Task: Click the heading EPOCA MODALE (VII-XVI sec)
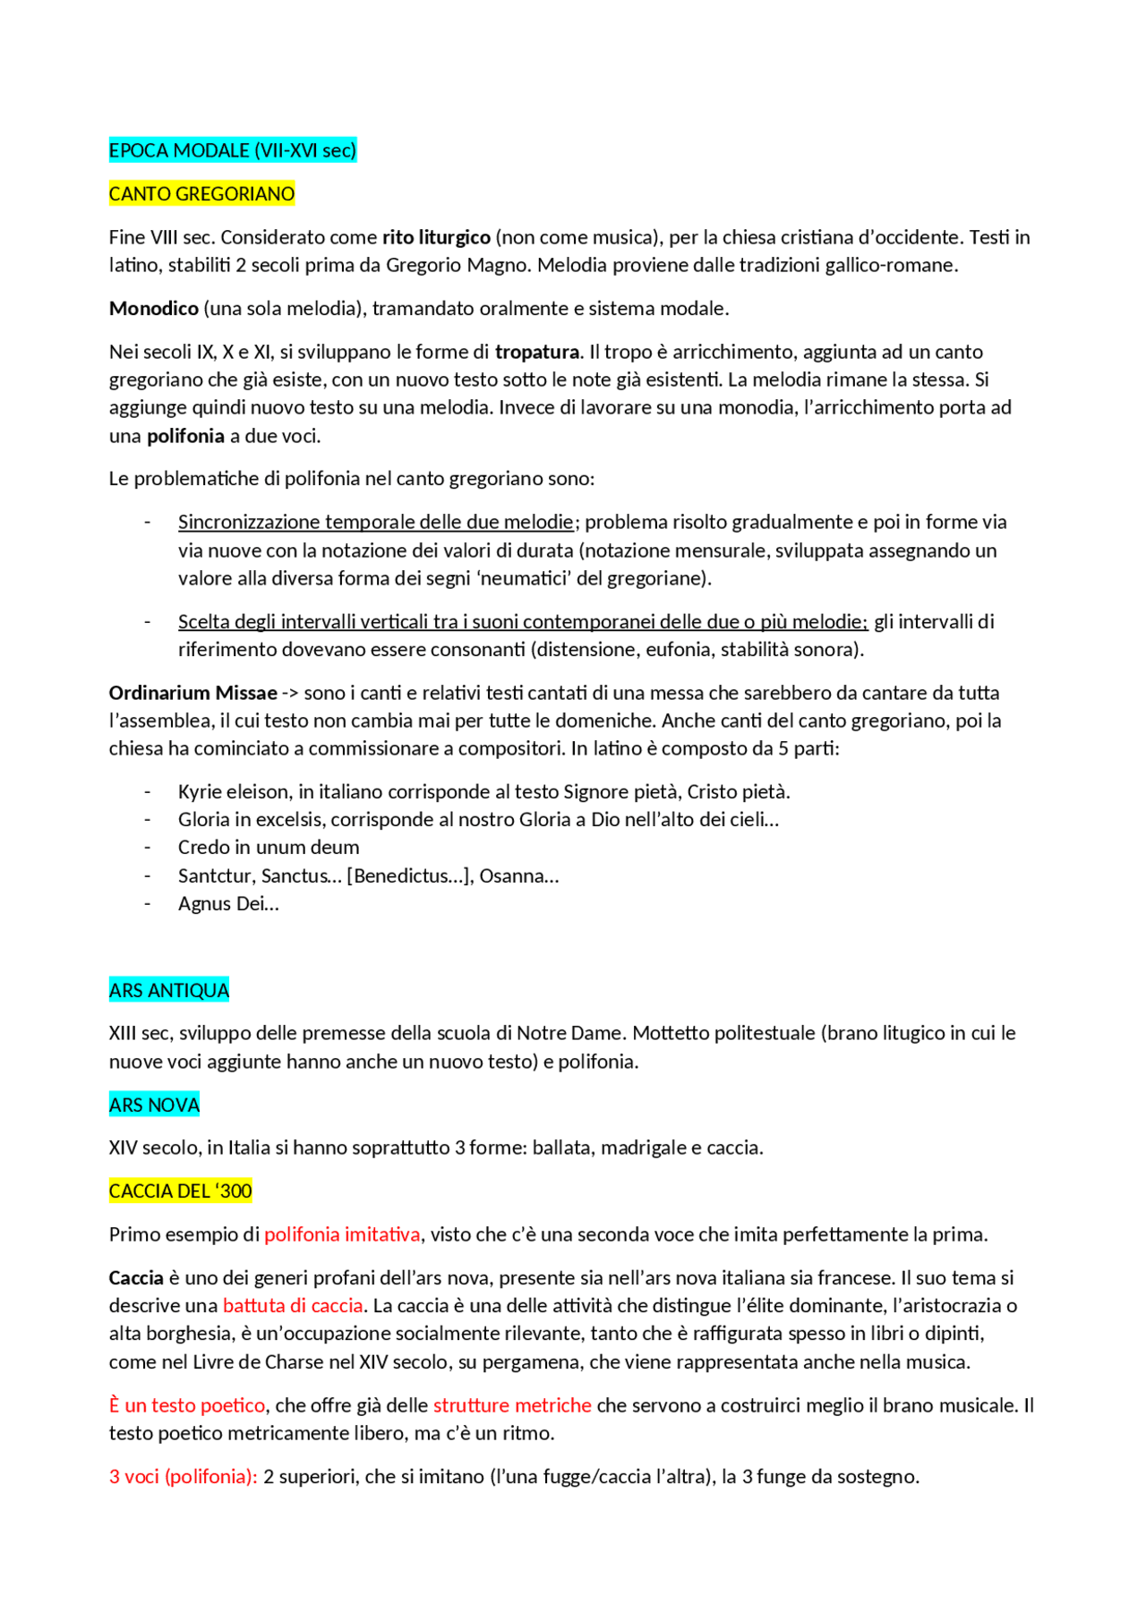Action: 232,150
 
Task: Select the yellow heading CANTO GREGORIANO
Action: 201,194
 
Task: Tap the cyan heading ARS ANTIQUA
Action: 168,990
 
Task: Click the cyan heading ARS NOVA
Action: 154,1105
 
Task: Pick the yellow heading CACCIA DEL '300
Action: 180,1191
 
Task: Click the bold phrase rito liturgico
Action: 436,237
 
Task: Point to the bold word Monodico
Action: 153,309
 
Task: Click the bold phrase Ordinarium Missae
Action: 192,693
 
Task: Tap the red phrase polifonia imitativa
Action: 342,1234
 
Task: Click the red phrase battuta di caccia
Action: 293,1306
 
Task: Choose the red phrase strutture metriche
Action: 512,1405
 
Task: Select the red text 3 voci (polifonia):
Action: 183,1477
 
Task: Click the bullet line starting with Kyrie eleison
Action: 483,792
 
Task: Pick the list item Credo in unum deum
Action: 269,848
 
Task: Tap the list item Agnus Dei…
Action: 228,904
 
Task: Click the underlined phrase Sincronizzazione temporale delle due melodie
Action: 375,522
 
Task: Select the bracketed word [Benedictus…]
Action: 409,876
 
